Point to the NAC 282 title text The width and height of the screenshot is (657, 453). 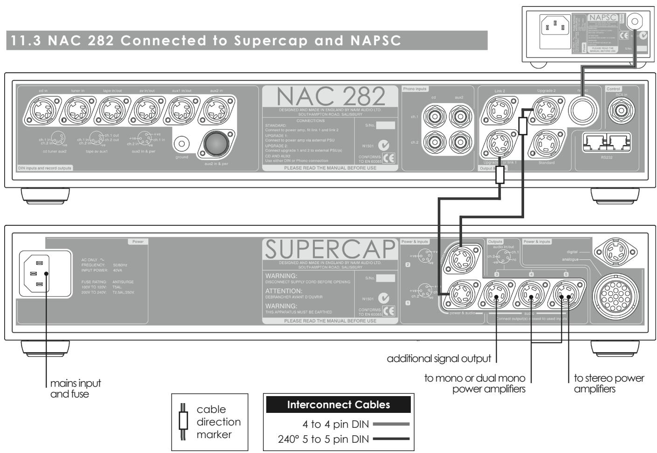coord(331,96)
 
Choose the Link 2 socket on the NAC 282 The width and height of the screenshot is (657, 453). coord(500,111)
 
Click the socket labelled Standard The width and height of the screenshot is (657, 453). coord(546,144)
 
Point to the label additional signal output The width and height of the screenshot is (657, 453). coord(439,359)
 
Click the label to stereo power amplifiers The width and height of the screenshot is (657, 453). coord(609,383)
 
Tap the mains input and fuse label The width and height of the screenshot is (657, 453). coord(75,388)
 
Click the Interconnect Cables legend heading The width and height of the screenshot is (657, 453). coord(339,404)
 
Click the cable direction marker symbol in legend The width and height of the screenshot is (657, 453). coord(183,422)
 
